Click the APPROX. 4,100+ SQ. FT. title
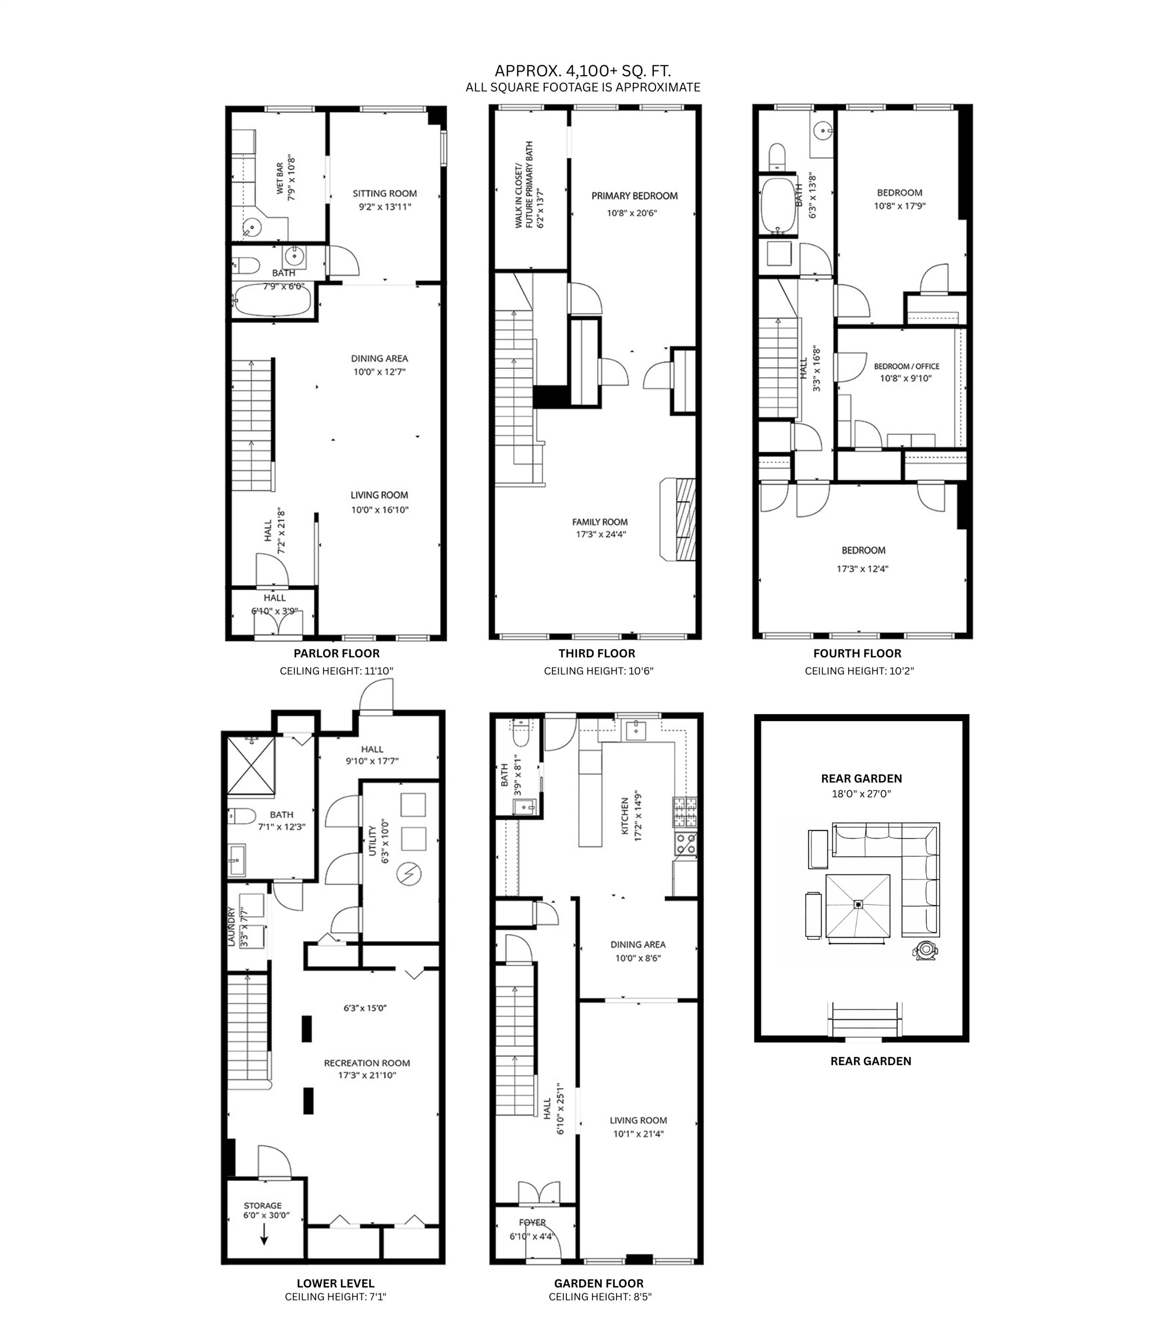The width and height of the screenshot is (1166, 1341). [582, 70]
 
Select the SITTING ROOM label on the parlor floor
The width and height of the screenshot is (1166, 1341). [385, 193]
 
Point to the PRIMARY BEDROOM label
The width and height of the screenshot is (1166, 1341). [635, 196]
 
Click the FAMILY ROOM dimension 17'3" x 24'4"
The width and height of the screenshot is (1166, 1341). [600, 535]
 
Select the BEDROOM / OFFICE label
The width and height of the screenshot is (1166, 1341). [906, 366]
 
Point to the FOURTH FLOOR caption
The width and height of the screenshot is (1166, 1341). [857, 653]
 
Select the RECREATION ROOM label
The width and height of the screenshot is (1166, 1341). [367, 1063]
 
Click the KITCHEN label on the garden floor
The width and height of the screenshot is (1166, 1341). [625, 818]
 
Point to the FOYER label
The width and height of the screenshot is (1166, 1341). [532, 1223]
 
